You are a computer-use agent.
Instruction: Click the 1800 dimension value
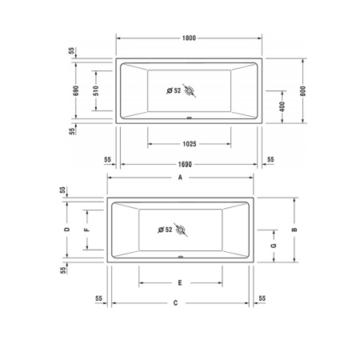(189, 38)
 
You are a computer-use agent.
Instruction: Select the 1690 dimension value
(185, 164)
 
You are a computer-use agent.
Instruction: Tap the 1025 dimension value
(190, 144)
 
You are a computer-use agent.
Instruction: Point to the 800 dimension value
(302, 91)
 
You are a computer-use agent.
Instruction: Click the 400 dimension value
(282, 106)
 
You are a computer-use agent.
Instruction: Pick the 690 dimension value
(76, 90)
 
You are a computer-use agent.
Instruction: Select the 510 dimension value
(96, 90)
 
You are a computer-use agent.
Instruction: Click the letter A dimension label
(180, 178)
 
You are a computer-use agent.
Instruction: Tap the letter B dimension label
(294, 230)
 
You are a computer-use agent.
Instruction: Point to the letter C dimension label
(175, 303)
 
